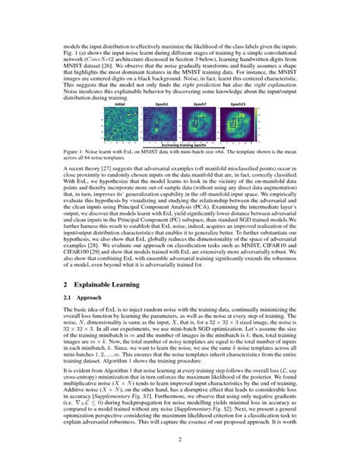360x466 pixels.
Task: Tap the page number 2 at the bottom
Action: pos(180,439)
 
